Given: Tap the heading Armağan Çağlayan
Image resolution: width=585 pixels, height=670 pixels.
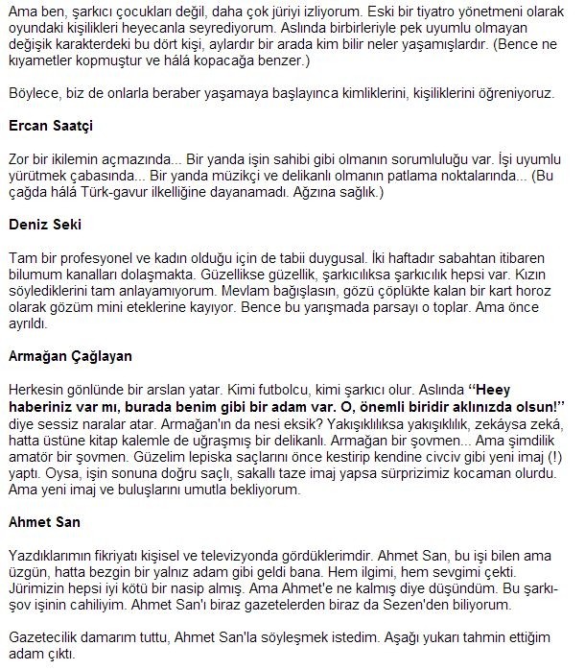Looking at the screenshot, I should pyautogui.click(x=69, y=355).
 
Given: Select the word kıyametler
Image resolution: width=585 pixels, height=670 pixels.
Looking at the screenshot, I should pyautogui.click(x=41, y=61).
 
